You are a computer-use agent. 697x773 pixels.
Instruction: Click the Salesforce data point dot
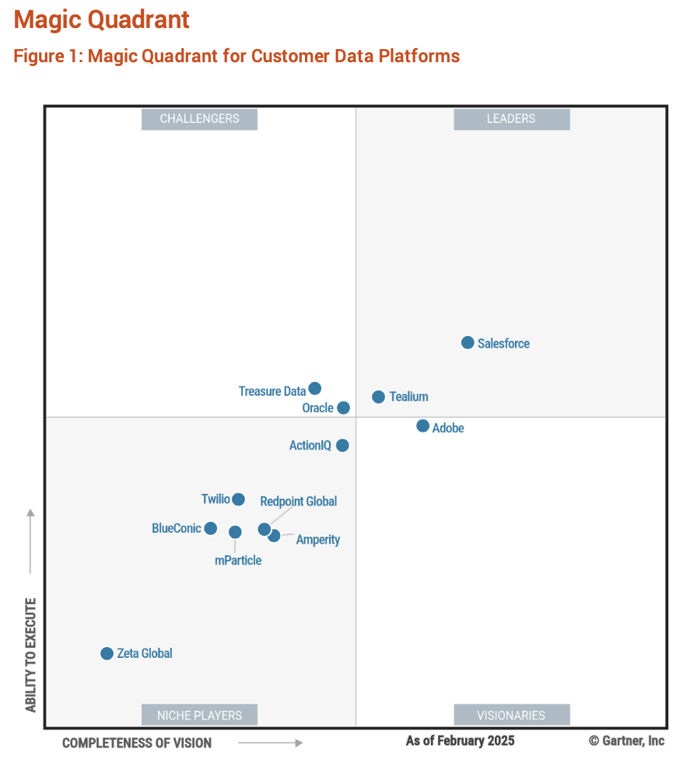(468, 343)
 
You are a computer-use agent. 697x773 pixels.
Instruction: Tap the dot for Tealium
(378, 397)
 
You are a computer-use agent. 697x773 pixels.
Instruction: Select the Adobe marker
(422, 426)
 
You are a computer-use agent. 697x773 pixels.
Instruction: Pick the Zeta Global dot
(107, 653)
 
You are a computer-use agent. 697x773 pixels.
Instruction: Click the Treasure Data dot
(314, 388)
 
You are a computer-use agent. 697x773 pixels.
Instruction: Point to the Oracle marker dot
(343, 407)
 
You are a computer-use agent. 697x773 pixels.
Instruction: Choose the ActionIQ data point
(342, 446)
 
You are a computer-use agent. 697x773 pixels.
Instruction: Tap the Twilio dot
(238, 499)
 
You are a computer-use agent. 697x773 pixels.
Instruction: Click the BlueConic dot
(210, 529)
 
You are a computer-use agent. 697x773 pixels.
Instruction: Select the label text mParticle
(238, 561)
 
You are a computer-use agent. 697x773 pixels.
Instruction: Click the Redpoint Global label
(298, 502)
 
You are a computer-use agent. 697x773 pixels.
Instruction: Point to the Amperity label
(317, 540)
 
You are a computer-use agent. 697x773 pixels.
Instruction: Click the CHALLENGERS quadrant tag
(199, 119)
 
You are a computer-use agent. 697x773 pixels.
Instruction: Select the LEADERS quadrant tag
(511, 119)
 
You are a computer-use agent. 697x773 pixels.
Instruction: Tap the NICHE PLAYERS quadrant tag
(199, 715)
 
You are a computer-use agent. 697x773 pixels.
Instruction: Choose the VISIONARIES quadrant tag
(511, 715)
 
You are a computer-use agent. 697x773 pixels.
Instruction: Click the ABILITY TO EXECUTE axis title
(31, 655)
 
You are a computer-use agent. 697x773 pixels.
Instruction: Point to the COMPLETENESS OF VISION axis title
(137, 743)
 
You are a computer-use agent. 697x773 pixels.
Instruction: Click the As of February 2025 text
(460, 741)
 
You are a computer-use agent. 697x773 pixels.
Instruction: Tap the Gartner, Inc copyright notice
(626, 741)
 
